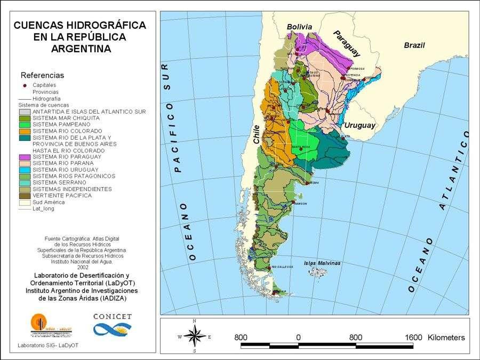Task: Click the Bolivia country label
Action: tap(299, 27)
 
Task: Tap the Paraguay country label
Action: tap(347, 43)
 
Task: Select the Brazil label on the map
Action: tap(414, 45)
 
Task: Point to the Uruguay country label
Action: tap(359, 125)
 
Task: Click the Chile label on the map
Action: tap(255, 134)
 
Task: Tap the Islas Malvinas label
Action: tap(322, 263)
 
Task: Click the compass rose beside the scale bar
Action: tap(195, 337)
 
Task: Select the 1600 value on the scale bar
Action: tap(413, 338)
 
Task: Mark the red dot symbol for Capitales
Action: tap(25, 85)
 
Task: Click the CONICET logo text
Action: tap(112, 316)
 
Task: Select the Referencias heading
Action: tap(42, 75)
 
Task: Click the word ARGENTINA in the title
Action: tap(81, 49)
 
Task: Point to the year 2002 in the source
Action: tap(83, 267)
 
